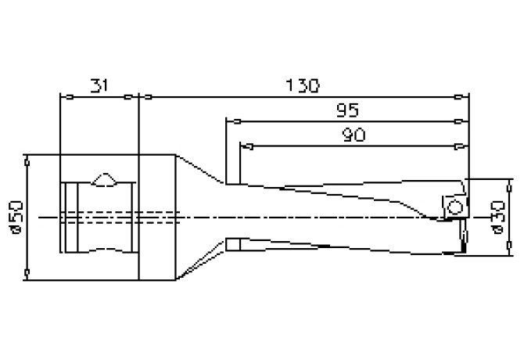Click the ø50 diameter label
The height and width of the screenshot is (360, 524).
[x=18, y=216]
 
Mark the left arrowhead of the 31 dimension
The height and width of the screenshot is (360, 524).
[x=66, y=97]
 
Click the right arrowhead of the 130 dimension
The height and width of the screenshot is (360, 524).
[x=462, y=97]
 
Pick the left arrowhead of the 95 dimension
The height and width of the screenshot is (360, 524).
[x=231, y=121]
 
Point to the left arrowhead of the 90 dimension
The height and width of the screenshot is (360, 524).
[x=245, y=145]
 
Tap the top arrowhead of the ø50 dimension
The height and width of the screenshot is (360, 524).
[x=28, y=160]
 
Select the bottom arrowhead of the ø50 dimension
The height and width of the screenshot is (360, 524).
[x=28, y=272]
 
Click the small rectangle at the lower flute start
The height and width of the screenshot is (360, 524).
[x=231, y=244]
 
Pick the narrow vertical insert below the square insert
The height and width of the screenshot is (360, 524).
[x=461, y=238]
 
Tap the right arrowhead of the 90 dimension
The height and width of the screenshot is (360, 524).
[x=462, y=145]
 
